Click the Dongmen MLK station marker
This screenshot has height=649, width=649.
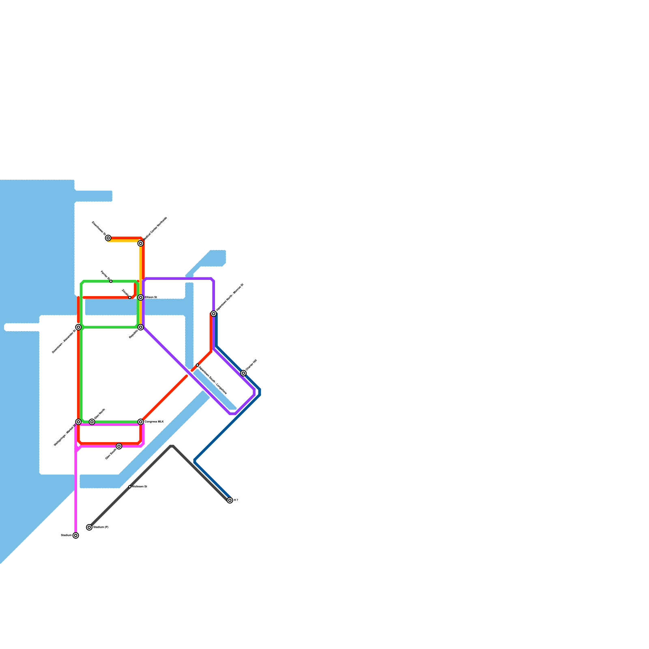tap(141, 422)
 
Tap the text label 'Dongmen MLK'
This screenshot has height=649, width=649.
tap(154, 422)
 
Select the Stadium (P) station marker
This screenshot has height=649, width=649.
tap(89, 527)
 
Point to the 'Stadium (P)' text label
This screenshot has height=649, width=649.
tap(101, 527)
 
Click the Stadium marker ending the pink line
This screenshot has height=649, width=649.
tap(76, 535)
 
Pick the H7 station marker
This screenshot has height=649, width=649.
tap(230, 501)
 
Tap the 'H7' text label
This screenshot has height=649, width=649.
tap(236, 501)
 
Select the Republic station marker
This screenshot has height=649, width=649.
tap(141, 327)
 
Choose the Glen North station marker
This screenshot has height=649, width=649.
tap(92, 422)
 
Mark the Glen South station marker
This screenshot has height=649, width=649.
tap(119, 446)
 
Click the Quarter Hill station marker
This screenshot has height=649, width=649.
tap(243, 373)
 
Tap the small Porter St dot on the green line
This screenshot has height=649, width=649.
tap(111, 281)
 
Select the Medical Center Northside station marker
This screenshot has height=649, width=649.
tap(141, 243)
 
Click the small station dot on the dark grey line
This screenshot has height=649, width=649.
tap(130, 486)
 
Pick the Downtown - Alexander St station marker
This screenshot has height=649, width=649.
tap(78, 327)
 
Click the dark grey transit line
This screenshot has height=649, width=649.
tap(150, 466)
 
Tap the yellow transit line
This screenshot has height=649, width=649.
tap(140, 264)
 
